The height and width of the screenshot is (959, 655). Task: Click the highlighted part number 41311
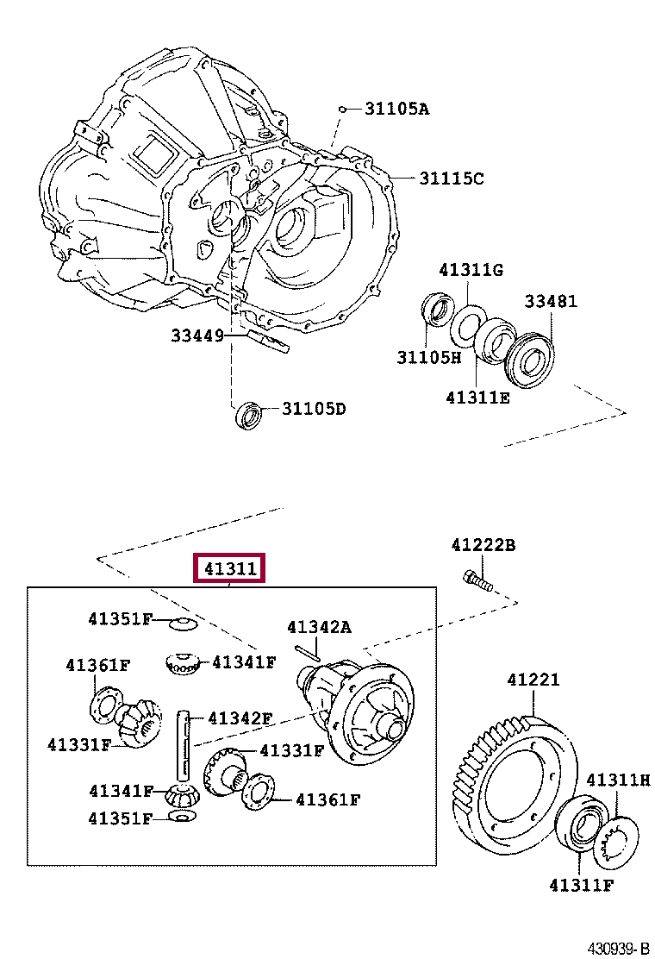pos(229,569)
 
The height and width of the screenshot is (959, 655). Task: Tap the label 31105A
pos(396,109)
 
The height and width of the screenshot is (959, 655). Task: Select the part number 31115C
pos(451,179)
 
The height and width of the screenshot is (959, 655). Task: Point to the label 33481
pos(552,301)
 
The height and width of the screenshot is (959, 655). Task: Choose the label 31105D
pos(312,409)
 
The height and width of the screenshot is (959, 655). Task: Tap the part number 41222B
pos(483,545)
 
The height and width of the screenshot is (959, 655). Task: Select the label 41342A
pos(319,627)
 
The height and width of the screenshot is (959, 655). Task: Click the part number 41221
pos(533,680)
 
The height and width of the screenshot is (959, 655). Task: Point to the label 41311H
pos(618,780)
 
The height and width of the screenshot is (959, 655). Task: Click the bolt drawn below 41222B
pos(477,582)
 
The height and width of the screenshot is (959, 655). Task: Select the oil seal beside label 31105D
pos(248,414)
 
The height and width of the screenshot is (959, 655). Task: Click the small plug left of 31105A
pos(343,110)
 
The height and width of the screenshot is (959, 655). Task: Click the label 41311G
pos(470,270)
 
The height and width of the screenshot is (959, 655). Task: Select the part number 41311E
pos(477,398)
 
